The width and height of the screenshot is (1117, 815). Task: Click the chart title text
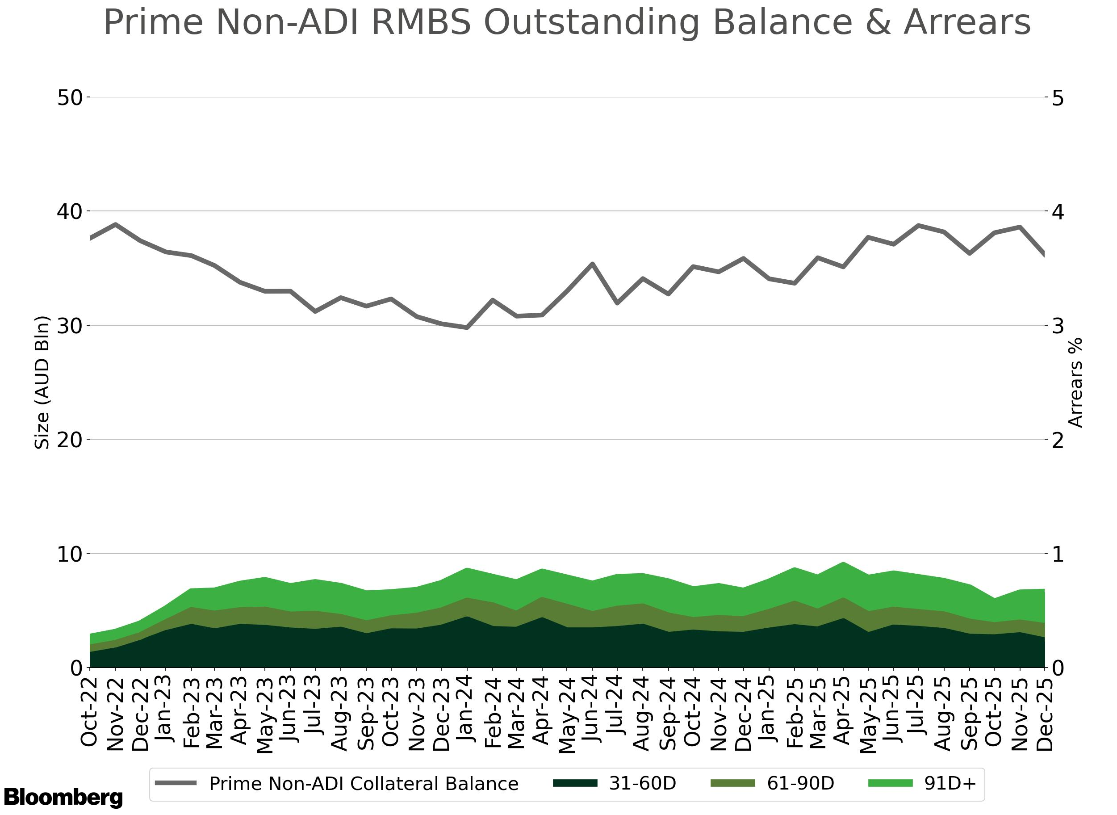click(x=567, y=23)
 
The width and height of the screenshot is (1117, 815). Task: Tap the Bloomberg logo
click(x=63, y=797)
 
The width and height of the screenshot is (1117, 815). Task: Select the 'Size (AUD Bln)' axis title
click(x=42, y=382)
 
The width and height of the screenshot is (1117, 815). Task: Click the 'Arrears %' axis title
click(x=1075, y=382)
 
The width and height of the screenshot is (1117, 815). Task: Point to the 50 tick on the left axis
click(x=70, y=98)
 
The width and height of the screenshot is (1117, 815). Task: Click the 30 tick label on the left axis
click(x=70, y=326)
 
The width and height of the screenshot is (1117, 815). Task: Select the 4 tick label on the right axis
click(x=1057, y=212)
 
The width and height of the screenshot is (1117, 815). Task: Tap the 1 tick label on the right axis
click(x=1057, y=554)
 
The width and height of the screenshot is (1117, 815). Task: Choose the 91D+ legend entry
click(x=922, y=783)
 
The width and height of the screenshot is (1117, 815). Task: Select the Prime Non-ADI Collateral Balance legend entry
click(x=337, y=783)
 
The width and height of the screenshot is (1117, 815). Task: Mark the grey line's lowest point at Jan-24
click(x=467, y=328)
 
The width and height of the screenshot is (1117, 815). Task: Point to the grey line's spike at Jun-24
click(x=592, y=264)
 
